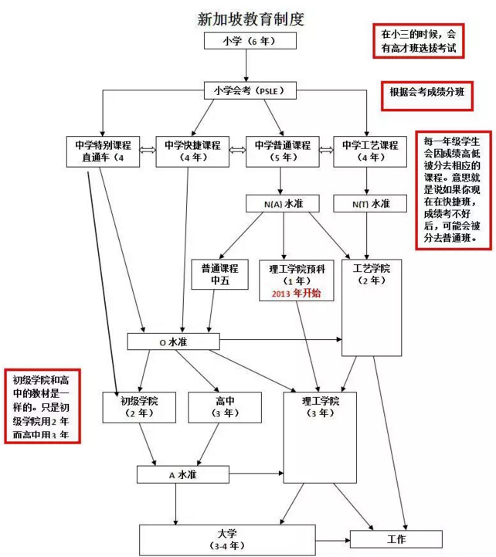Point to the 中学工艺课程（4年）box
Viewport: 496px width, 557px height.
[x=365, y=151]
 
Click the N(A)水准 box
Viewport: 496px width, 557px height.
[x=283, y=204]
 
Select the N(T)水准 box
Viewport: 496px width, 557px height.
[x=366, y=204]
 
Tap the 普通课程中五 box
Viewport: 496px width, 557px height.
[x=219, y=273]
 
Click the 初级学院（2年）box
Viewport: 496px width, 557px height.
[x=139, y=406]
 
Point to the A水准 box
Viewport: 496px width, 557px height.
[x=182, y=475]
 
